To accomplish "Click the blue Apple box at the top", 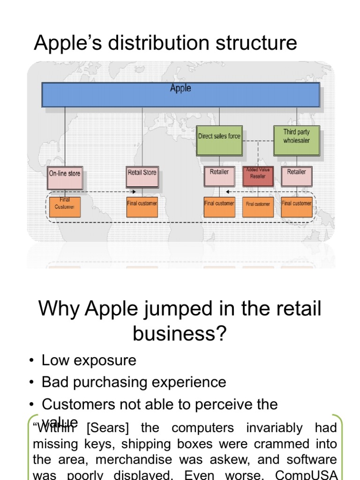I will [x=180, y=94].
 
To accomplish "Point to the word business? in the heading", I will [x=180, y=333].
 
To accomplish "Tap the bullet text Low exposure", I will [x=89, y=360].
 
